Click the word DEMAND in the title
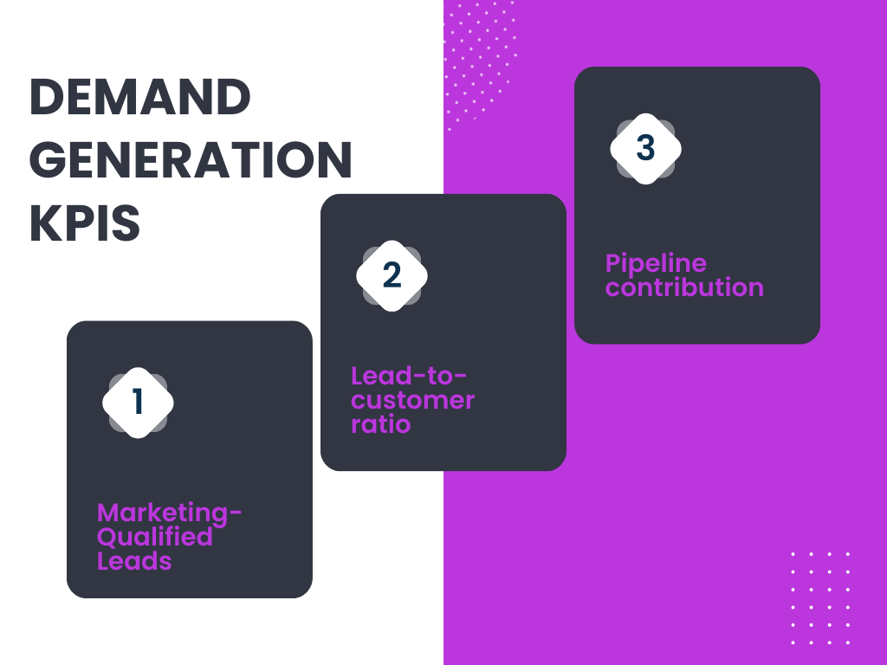[x=139, y=97]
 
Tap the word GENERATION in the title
[x=191, y=160]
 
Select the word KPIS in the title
[x=85, y=223]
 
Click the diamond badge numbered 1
[x=138, y=403]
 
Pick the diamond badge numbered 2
[x=392, y=275]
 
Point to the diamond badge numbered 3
[x=645, y=148]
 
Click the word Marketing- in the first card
[x=169, y=513]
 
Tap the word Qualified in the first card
[x=155, y=537]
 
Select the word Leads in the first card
[x=134, y=561]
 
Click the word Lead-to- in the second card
[x=409, y=377]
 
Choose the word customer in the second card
[x=413, y=400]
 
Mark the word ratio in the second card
[x=381, y=424]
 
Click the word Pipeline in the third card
[x=656, y=263]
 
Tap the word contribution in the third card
[x=684, y=287]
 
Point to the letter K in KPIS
[x=42, y=223]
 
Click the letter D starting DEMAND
[x=44, y=97]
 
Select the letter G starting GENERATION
[x=46, y=160]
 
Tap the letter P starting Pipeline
[x=613, y=262]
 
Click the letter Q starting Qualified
[x=107, y=537]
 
